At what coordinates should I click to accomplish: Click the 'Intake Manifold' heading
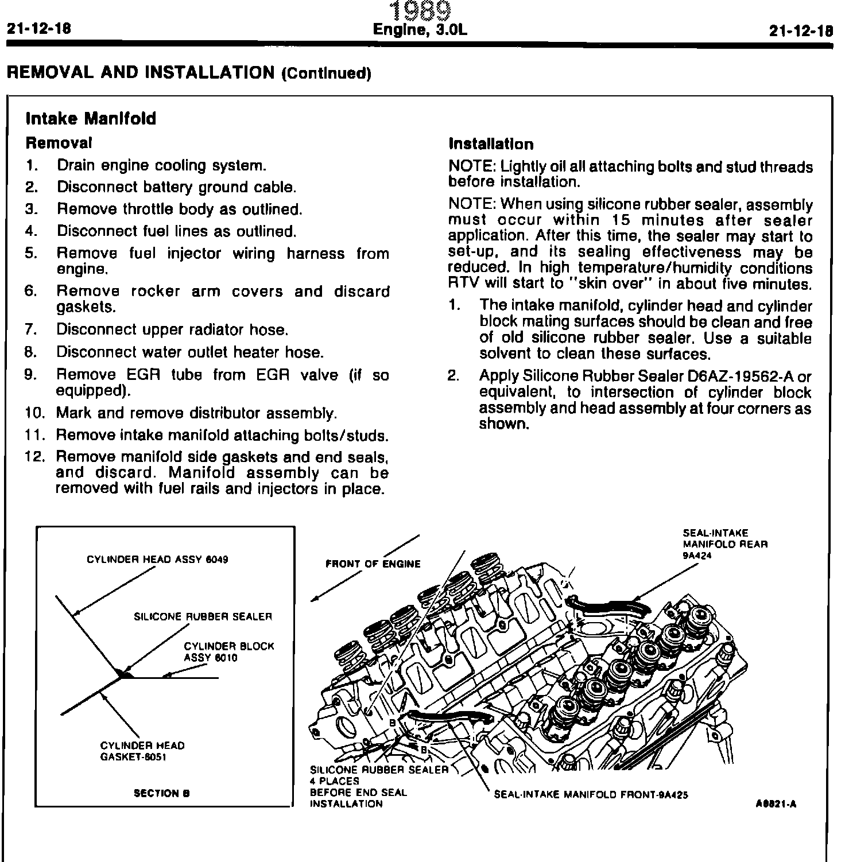point(91,119)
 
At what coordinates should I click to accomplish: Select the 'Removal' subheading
point(59,142)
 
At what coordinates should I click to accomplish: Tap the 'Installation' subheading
point(491,144)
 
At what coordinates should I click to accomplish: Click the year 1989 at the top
point(420,11)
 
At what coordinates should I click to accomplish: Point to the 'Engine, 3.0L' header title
point(420,30)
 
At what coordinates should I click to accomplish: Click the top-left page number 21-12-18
point(38,29)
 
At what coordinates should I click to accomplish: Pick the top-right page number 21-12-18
point(800,31)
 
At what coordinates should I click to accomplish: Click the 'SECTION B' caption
point(161,793)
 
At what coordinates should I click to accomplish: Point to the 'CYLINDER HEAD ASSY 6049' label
point(157,560)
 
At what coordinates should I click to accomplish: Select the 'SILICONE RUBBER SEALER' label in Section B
point(203,617)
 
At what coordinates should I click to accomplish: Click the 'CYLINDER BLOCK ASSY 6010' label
point(229,652)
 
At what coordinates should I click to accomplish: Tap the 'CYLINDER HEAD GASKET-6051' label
point(142,751)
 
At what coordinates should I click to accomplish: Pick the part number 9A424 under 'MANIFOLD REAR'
point(697,555)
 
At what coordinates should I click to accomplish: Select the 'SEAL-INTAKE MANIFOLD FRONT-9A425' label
point(591,795)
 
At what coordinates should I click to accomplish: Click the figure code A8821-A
point(776,804)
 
